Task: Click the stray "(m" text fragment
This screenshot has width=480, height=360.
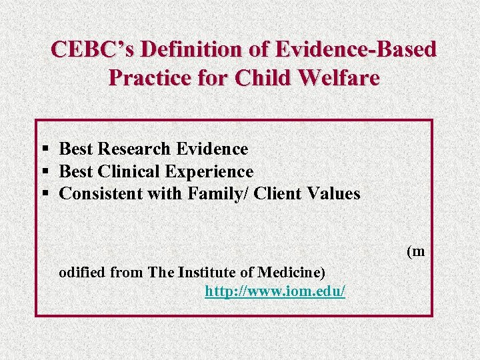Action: tap(415, 251)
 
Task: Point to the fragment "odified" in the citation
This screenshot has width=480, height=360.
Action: tap(82, 272)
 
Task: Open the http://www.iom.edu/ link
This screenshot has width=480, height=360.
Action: tap(275, 291)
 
